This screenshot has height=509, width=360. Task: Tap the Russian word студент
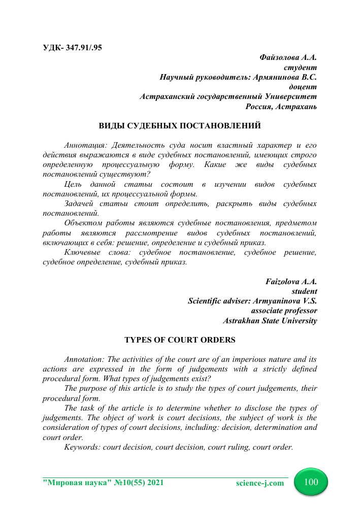tap(302, 67)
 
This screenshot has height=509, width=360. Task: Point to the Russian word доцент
tap(303, 87)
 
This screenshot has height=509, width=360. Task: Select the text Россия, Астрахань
tap(281, 106)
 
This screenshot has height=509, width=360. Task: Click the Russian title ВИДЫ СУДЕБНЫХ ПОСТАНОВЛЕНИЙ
tap(180, 125)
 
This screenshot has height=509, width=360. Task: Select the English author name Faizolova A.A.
tap(291, 282)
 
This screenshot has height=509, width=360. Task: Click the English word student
tap(304, 291)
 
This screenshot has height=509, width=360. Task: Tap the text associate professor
tap(284, 311)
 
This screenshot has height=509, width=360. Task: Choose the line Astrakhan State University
tap(270, 320)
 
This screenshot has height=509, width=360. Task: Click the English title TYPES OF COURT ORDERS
tap(180, 339)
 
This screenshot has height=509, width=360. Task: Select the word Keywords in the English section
tap(82, 447)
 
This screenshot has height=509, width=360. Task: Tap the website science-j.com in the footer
tap(260, 483)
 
